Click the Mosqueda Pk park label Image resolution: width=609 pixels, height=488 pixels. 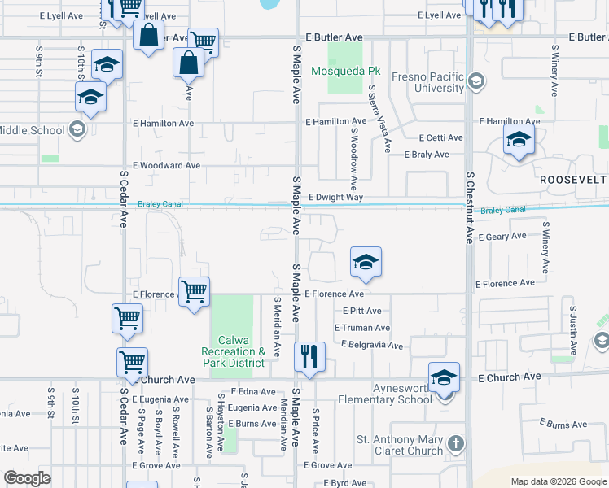coord(346,71)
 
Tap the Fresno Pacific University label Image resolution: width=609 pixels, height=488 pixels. coord(427,81)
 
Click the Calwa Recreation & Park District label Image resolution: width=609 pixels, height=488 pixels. coord(238,351)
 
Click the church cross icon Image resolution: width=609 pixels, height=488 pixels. coord(456,444)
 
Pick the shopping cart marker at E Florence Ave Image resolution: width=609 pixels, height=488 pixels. coord(195,292)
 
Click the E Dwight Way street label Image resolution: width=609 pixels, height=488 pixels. coord(335,198)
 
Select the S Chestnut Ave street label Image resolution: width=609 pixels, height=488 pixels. coord(470,207)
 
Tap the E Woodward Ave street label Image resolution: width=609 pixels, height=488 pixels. coord(166,165)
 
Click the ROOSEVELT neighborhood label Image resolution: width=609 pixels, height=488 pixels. coord(573,179)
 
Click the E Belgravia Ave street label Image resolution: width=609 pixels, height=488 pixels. coord(372,346)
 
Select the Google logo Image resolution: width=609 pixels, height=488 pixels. coord(27,478)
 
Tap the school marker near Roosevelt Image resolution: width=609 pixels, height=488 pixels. coord(519,140)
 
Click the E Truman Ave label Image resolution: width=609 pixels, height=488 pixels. coord(361,328)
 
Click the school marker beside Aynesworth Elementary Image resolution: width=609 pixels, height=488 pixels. coord(444,378)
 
